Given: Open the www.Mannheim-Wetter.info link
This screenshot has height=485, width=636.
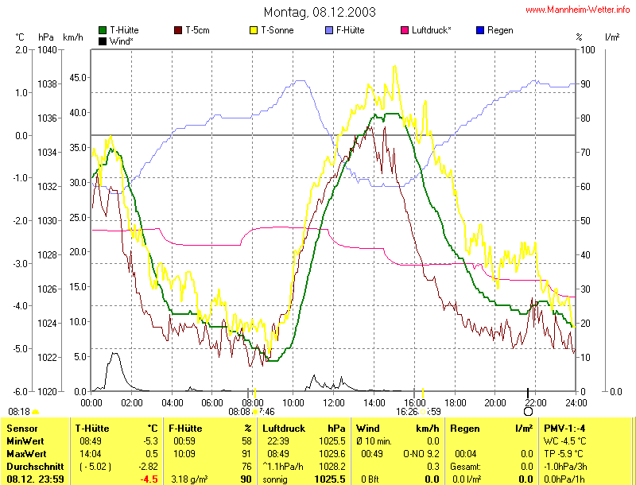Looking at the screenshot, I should [x=577, y=10].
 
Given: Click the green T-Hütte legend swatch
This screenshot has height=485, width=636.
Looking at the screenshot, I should [x=103, y=30].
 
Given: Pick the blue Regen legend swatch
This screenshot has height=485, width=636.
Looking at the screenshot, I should [x=479, y=30].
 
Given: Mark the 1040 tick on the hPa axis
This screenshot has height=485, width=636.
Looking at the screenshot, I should [x=46, y=49].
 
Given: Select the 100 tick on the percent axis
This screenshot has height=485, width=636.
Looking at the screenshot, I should [x=587, y=49].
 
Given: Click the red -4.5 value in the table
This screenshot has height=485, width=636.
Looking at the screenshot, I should [x=148, y=479].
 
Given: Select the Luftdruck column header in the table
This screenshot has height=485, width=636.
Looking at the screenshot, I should [x=285, y=429].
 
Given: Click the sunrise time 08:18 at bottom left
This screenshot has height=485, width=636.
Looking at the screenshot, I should [x=18, y=411].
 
